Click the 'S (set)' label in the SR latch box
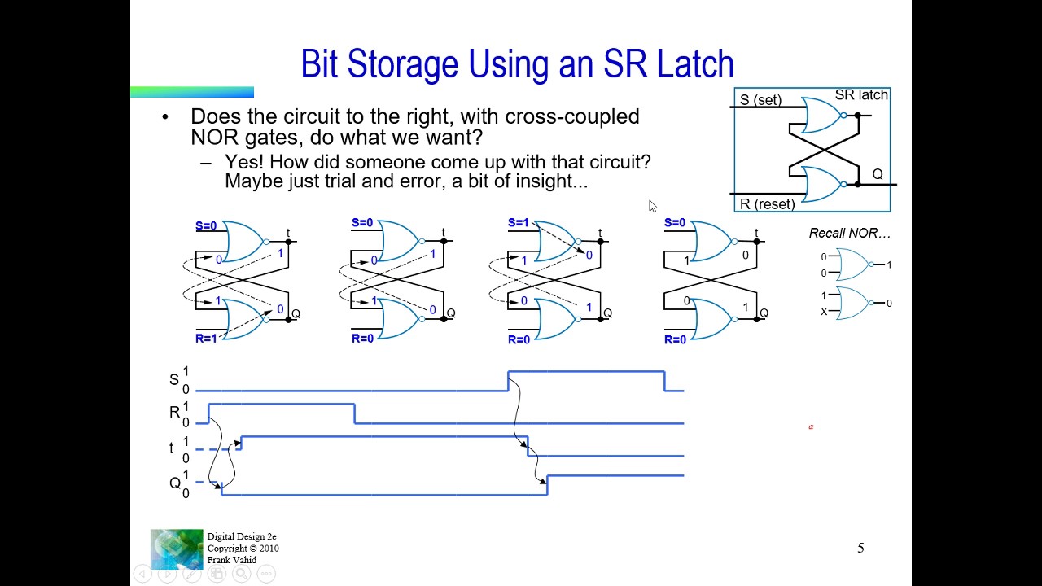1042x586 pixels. [760, 100]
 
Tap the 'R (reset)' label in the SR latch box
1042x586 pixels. [767, 203]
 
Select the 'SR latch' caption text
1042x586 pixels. [861, 95]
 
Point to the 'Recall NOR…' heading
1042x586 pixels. [849, 234]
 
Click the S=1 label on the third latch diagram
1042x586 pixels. [519, 223]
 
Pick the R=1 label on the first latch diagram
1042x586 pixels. [206, 338]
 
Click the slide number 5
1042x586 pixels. [860, 549]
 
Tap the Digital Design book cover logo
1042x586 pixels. [177, 549]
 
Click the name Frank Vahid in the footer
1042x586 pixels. [232, 560]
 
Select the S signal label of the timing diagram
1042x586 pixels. [173, 380]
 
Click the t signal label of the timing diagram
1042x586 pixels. [172, 448]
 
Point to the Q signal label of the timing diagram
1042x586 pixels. [174, 483]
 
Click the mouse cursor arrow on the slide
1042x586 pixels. [652, 206]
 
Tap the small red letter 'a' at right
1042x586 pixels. [811, 426]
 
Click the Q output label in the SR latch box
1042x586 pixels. [877, 174]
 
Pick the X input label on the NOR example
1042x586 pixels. [824, 312]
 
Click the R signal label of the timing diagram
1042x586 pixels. [173, 413]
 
